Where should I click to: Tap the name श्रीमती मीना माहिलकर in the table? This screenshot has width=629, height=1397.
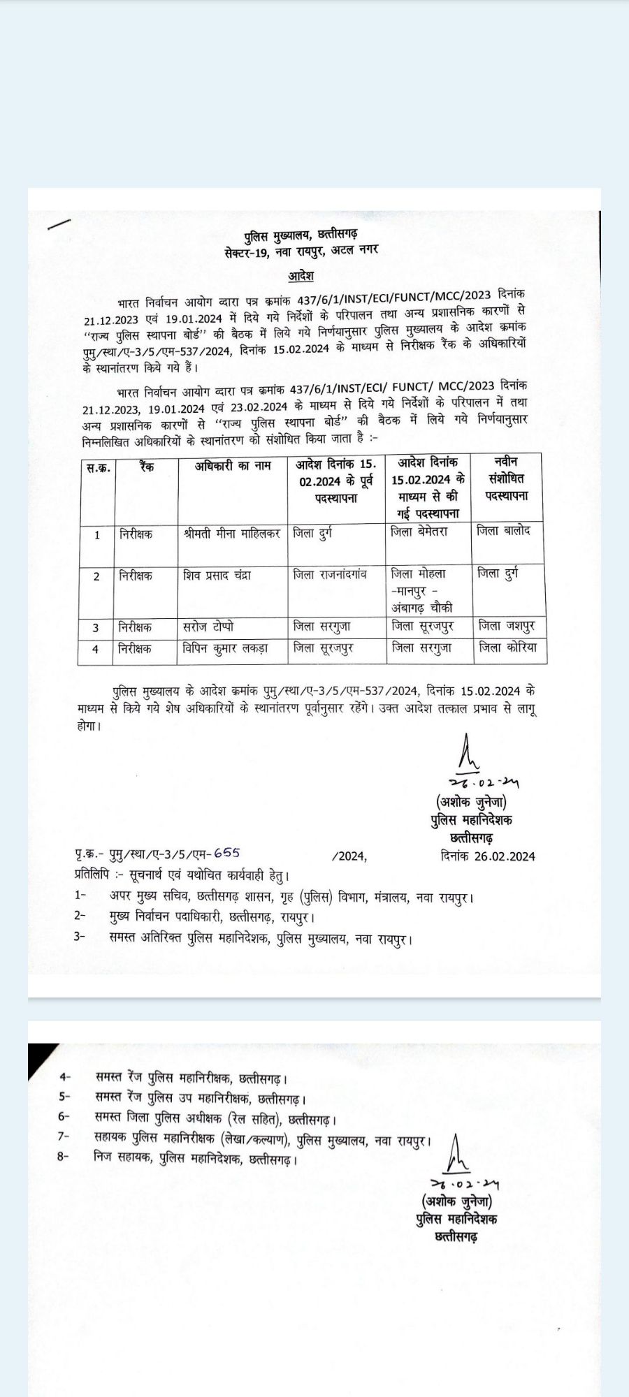(231, 534)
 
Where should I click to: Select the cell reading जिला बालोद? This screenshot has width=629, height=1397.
(503, 531)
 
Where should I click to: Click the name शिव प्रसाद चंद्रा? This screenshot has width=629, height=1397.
(217, 576)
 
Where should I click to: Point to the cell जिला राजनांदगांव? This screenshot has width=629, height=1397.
(330, 574)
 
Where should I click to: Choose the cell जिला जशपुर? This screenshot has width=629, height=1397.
(507, 627)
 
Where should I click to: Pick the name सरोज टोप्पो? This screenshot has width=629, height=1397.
(208, 627)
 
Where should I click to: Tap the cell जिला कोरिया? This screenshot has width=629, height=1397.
(508, 648)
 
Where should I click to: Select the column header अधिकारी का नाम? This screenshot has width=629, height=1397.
(233, 466)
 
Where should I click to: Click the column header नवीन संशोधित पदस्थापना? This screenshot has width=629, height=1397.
(507, 478)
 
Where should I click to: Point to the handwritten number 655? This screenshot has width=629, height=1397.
(226, 853)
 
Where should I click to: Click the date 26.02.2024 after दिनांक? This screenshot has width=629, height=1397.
(505, 856)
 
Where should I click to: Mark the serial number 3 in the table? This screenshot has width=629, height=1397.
(96, 628)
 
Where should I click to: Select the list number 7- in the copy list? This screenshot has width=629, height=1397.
(64, 1136)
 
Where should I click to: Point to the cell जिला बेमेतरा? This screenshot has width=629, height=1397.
(419, 532)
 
